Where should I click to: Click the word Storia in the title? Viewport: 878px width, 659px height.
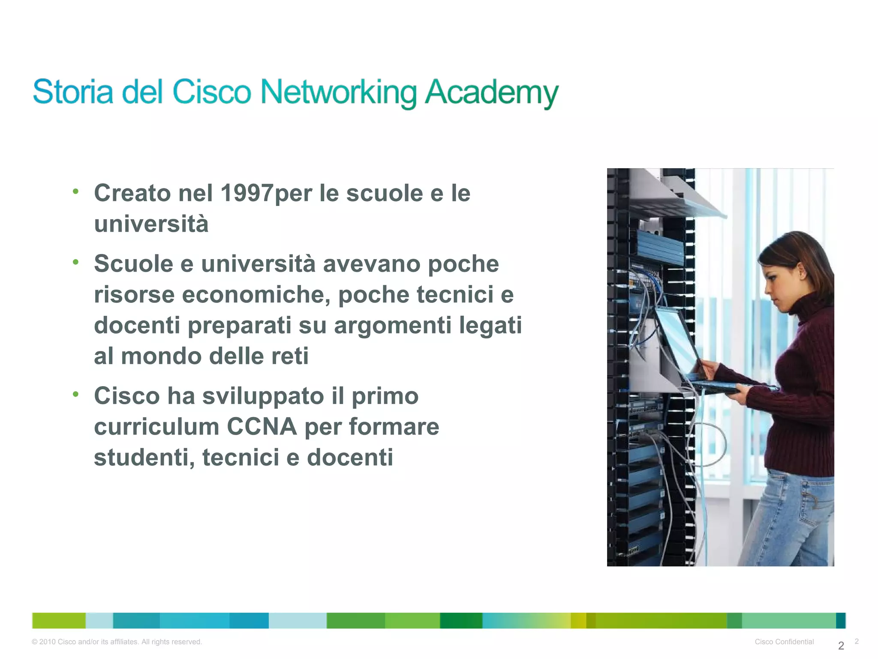(x=73, y=91)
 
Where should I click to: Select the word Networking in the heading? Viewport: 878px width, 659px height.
(x=338, y=92)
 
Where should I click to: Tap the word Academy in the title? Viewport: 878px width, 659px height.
(x=491, y=92)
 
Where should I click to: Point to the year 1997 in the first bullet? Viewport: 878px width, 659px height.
(x=247, y=193)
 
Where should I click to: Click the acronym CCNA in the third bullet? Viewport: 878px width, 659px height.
(x=262, y=426)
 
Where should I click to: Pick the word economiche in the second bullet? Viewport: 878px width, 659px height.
(x=256, y=295)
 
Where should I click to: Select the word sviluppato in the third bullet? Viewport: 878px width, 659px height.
(x=263, y=396)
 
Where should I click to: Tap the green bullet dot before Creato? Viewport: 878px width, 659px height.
(x=75, y=191)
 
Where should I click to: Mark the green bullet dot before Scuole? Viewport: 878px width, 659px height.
(x=75, y=262)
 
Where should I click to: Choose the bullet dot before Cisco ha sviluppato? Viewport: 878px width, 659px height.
(x=75, y=394)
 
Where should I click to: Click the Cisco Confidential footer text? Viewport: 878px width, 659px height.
(x=784, y=641)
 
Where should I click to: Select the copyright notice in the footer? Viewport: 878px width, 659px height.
(x=117, y=641)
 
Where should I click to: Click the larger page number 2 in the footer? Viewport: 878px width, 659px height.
(x=841, y=645)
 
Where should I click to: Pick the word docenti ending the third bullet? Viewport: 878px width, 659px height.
(x=350, y=457)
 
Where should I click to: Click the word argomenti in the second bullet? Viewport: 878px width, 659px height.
(x=392, y=325)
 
